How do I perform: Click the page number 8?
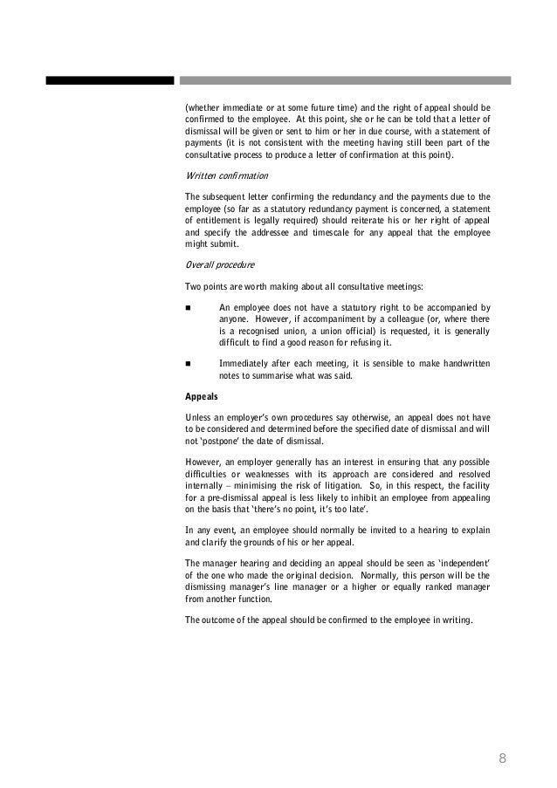(x=503, y=757)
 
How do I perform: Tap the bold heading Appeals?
(x=202, y=395)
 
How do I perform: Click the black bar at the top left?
(x=110, y=80)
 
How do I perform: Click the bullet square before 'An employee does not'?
(x=189, y=308)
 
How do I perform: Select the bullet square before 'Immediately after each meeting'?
(x=189, y=363)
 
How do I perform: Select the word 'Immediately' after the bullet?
(x=244, y=363)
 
